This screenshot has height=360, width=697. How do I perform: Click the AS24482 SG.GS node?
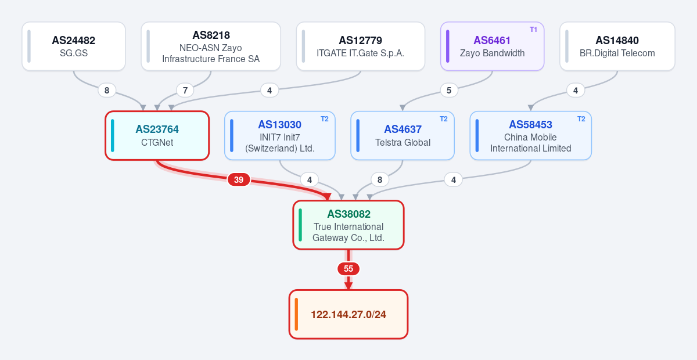[74, 46]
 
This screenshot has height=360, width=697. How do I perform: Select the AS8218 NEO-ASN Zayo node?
[211, 46]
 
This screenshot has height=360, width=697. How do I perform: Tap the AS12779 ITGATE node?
[361, 46]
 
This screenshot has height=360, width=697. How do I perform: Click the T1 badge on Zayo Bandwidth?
[533, 30]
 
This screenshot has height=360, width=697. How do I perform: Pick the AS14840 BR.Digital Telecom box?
[617, 46]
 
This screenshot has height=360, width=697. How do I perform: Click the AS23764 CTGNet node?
[157, 136]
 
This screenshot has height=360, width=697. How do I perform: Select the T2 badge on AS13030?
[325, 119]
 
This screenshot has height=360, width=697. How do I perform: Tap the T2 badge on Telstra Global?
[443, 119]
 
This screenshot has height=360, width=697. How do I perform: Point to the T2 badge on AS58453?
[581, 119]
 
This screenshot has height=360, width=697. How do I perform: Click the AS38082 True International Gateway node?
[348, 225]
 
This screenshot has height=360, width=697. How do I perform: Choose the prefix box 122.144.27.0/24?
[348, 314]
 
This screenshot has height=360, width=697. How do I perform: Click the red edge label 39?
[239, 179]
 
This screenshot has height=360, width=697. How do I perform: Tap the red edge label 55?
[348, 268]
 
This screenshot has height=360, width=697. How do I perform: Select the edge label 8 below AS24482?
[107, 90]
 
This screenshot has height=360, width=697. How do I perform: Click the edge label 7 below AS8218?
[185, 90]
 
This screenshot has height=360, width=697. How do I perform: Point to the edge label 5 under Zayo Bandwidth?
[449, 90]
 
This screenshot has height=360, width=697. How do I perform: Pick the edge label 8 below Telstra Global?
[380, 179]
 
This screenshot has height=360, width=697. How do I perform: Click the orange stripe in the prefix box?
[296, 314]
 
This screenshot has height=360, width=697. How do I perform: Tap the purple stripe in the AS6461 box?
[447, 46]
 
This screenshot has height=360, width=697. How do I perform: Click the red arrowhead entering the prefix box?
[348, 286]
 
